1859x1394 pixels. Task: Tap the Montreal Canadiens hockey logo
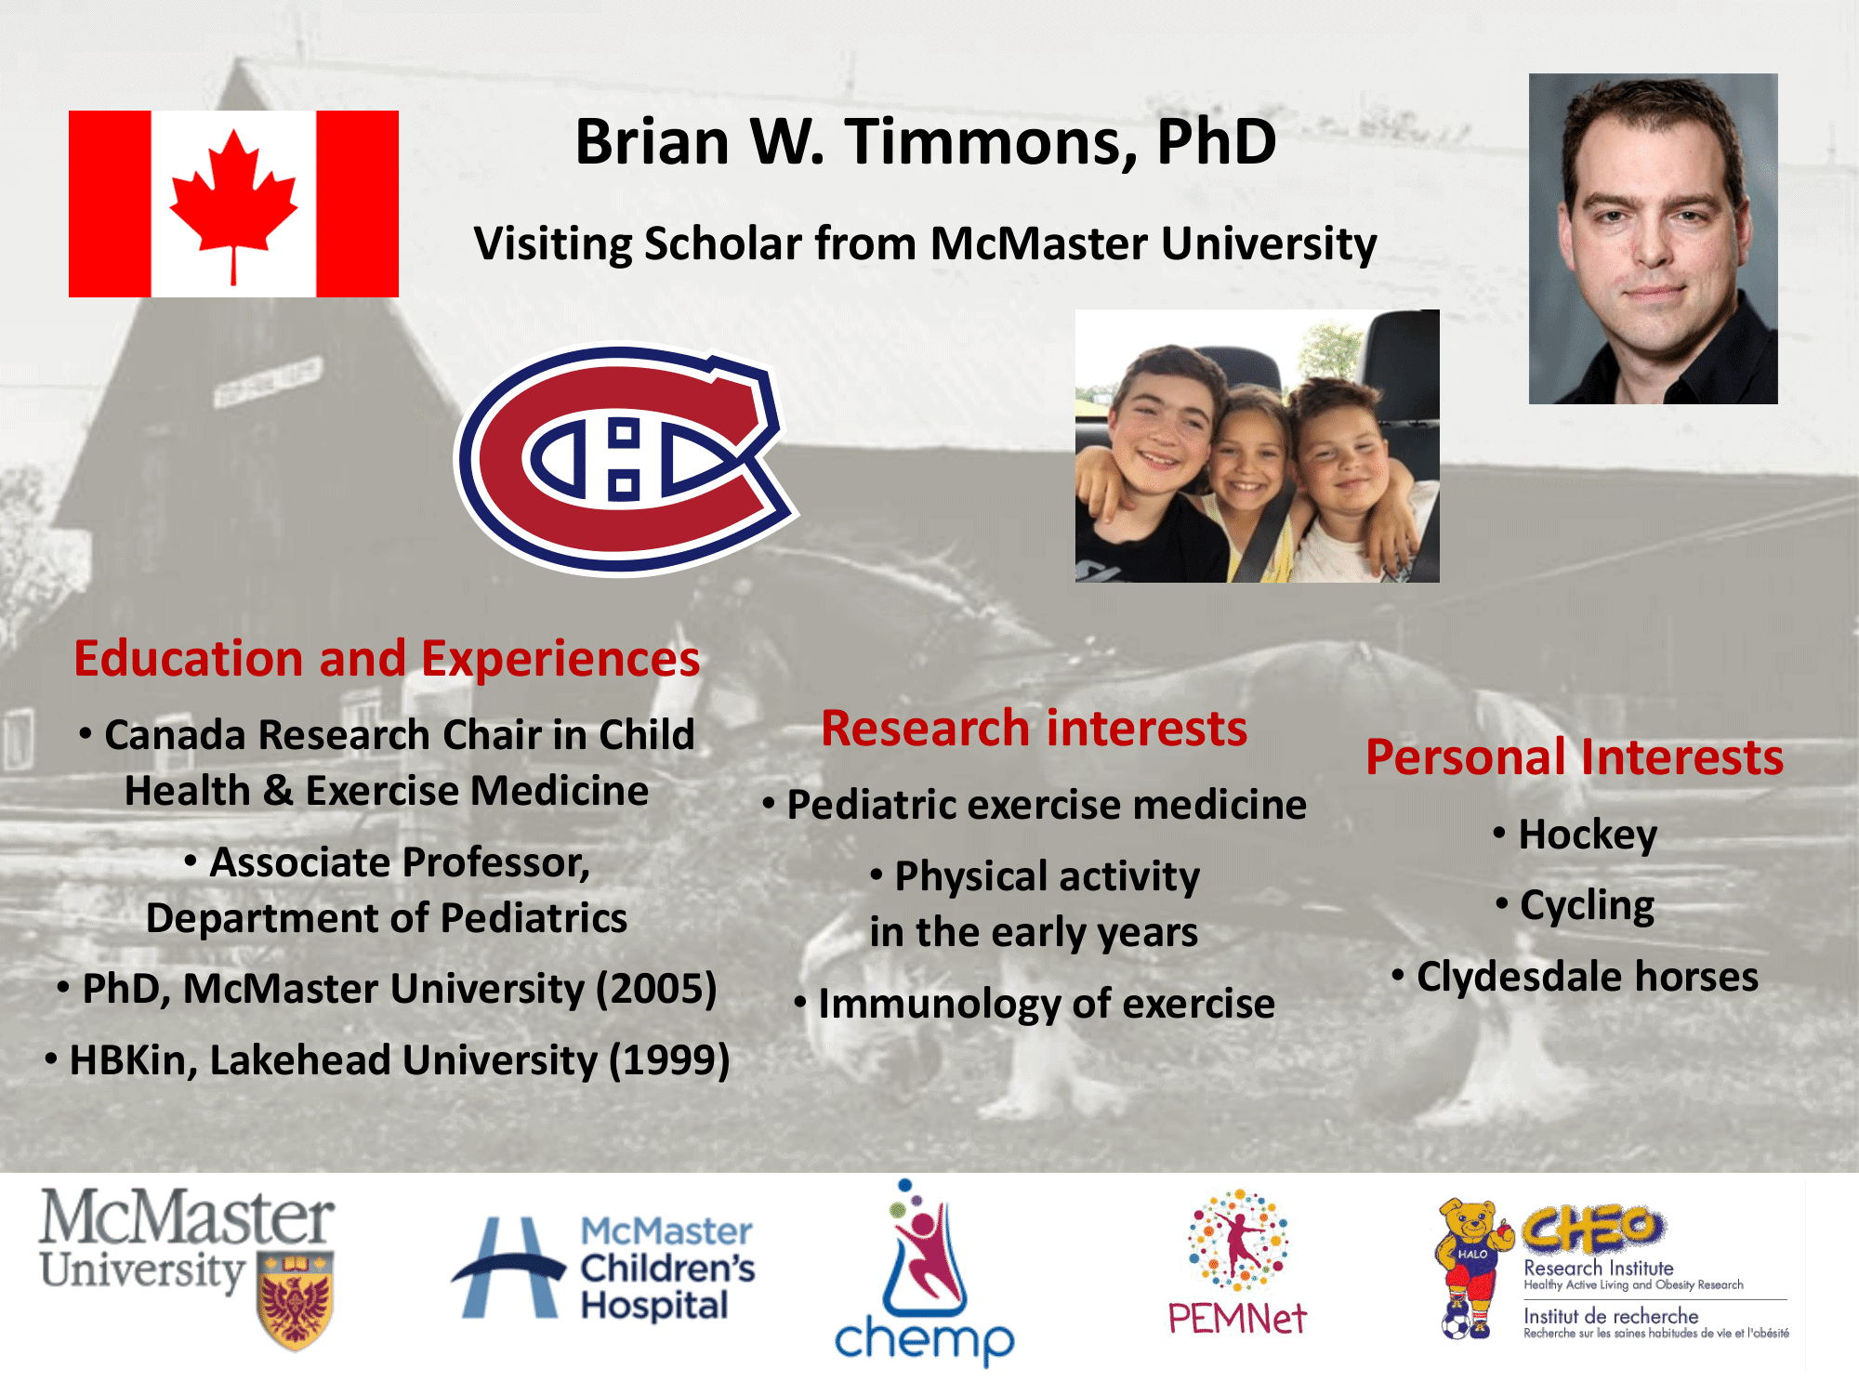[626, 461]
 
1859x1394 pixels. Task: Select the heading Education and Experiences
[387, 659]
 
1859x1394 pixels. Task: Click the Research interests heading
[1034, 728]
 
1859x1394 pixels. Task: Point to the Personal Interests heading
[1575, 756]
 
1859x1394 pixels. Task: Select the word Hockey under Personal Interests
[1588, 835]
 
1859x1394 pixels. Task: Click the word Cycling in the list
[1588, 906]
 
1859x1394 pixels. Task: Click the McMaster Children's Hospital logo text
[667, 1269]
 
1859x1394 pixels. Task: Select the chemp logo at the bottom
[924, 1272]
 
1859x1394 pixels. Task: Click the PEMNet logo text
[1237, 1319]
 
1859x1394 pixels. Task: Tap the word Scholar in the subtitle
[722, 244]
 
